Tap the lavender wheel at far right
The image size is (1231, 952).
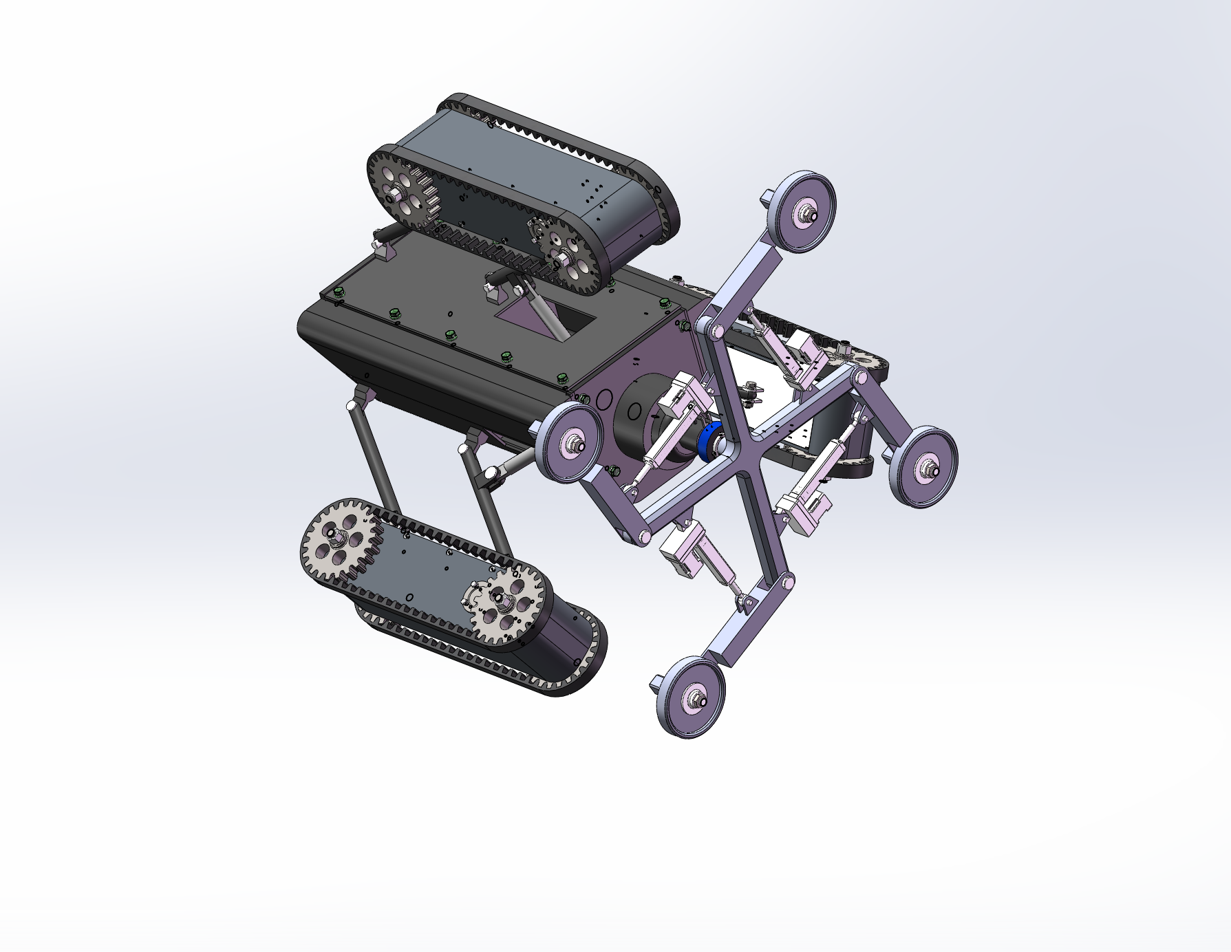click(924, 467)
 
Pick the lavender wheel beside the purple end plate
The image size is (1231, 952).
click(569, 442)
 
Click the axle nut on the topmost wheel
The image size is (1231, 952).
click(810, 215)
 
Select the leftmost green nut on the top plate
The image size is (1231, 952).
click(338, 294)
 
